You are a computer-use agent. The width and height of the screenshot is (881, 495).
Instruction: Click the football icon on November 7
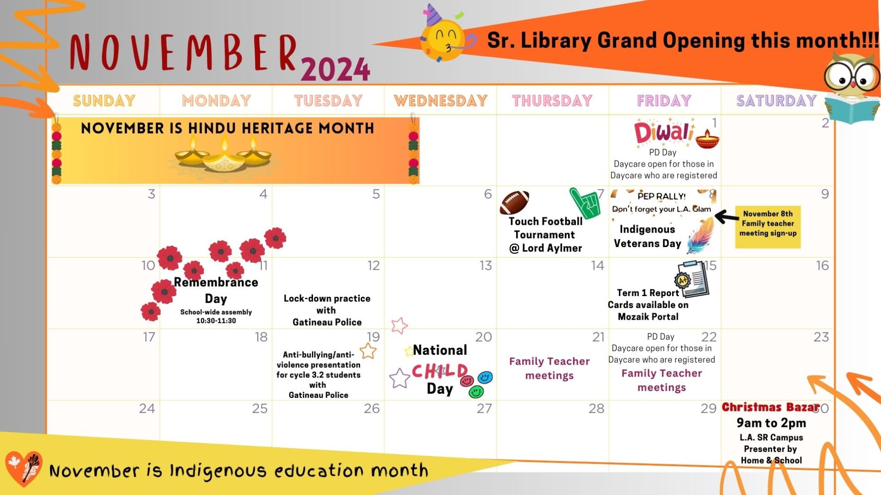click(x=514, y=202)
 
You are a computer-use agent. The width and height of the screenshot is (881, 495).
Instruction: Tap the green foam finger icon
click(x=585, y=203)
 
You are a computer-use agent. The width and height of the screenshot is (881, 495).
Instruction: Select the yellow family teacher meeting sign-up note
click(x=768, y=227)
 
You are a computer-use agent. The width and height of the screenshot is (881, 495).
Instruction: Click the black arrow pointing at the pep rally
click(x=726, y=216)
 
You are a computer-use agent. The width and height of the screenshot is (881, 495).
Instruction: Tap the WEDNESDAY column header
click(x=440, y=100)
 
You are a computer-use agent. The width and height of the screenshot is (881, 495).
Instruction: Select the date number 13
click(x=485, y=266)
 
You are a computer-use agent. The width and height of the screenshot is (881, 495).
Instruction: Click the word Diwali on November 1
click(x=663, y=132)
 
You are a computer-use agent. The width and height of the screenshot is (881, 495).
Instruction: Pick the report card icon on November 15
click(x=693, y=279)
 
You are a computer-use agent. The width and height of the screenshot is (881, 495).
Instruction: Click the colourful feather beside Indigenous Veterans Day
click(x=700, y=236)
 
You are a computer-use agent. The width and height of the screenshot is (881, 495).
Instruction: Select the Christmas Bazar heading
click(x=770, y=407)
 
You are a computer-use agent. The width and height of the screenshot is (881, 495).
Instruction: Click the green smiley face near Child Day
click(x=476, y=392)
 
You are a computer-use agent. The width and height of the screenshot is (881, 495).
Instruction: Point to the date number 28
click(x=596, y=408)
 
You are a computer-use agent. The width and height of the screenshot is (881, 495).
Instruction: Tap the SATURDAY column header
click(x=776, y=100)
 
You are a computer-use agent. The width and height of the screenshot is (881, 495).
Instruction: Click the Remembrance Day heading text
click(x=216, y=290)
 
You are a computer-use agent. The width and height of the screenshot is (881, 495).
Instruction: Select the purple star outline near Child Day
click(x=399, y=378)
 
